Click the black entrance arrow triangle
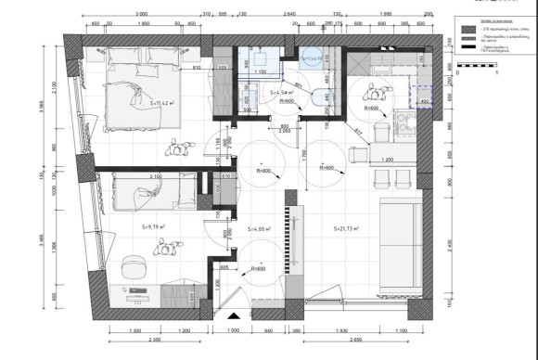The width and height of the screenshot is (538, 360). pyautogui.click(x=233, y=316)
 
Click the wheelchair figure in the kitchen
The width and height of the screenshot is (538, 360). pyautogui.click(x=376, y=93)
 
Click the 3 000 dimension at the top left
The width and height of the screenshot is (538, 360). pyautogui.click(x=141, y=16)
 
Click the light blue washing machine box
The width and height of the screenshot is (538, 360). pyautogui.click(x=311, y=56)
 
